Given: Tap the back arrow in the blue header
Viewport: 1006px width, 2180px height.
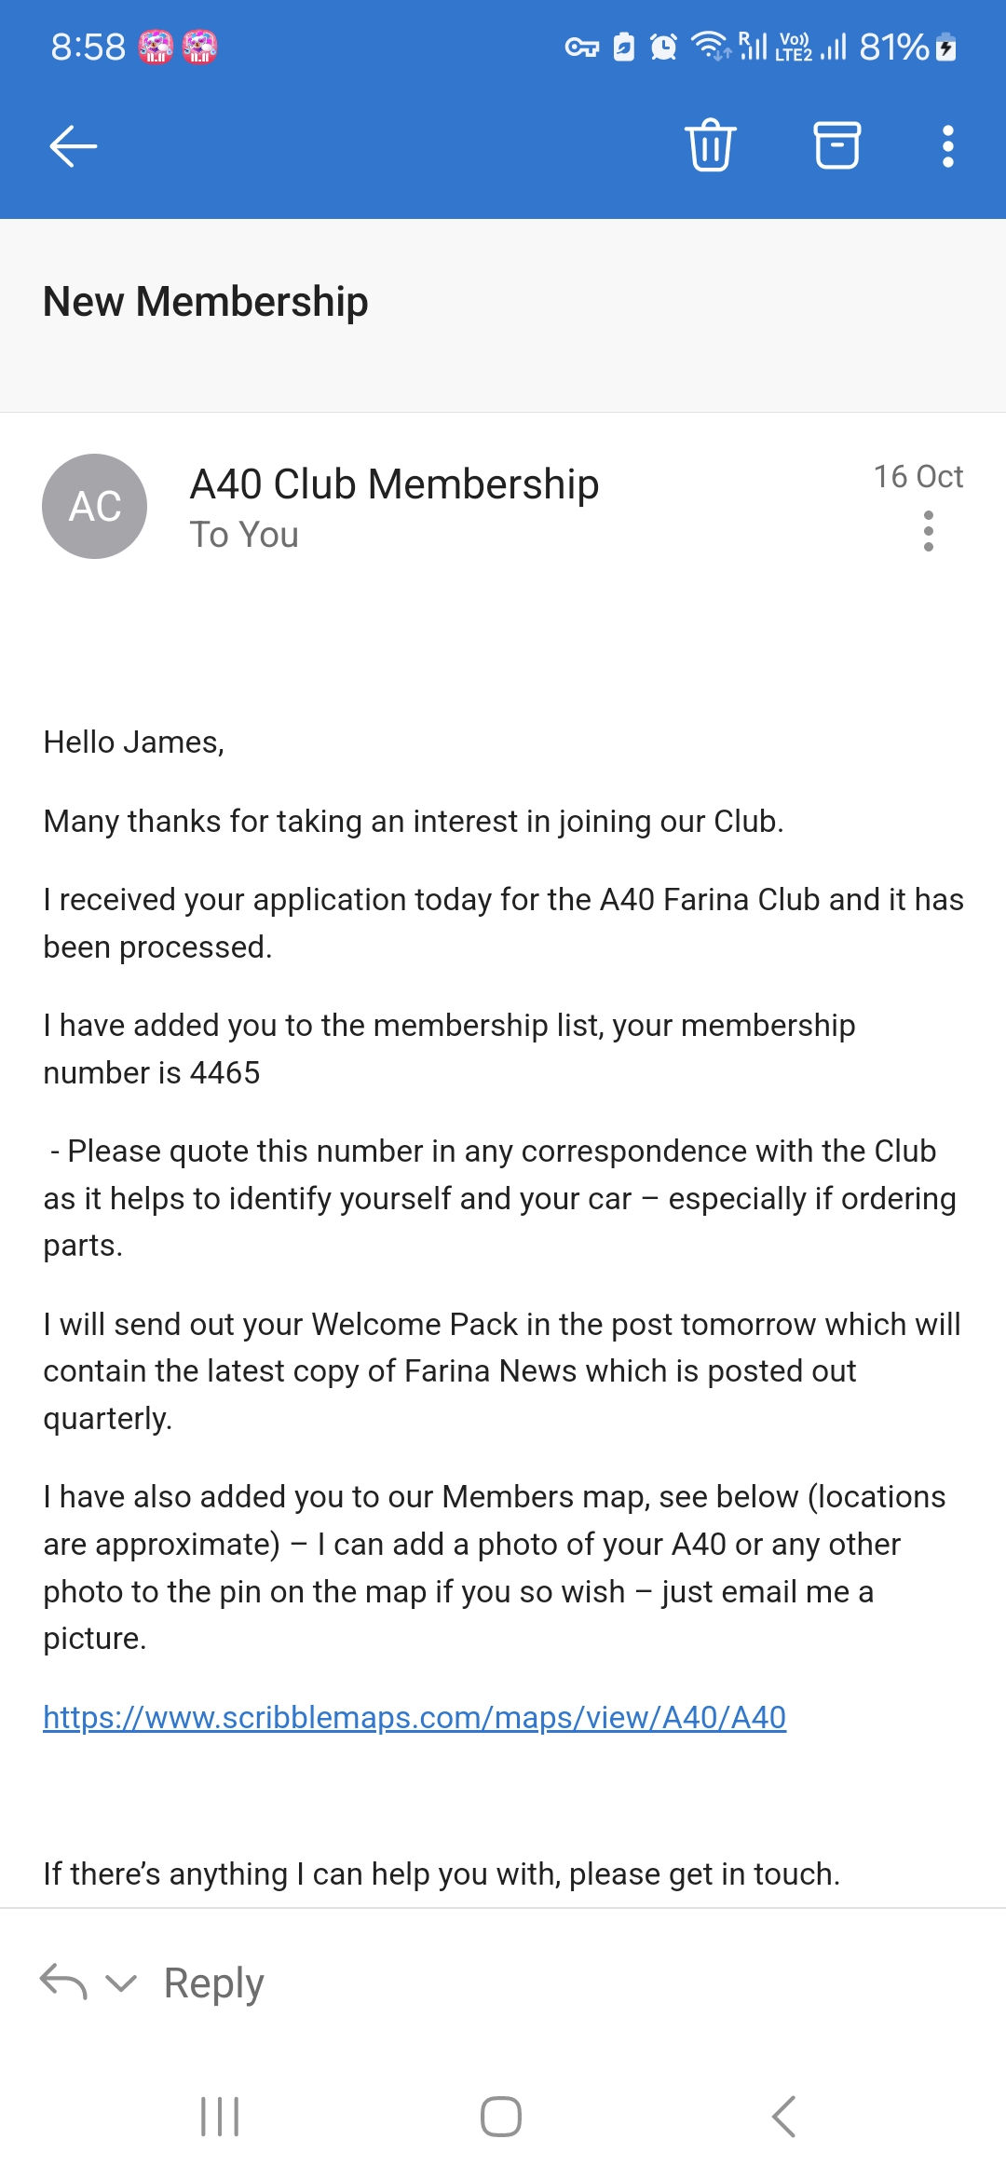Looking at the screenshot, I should (x=74, y=146).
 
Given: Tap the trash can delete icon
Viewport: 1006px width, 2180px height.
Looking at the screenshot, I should (x=711, y=145).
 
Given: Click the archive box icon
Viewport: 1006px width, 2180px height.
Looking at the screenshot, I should (x=837, y=145).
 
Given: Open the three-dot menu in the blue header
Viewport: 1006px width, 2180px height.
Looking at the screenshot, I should (x=947, y=146).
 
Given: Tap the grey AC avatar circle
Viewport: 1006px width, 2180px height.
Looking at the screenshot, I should (x=95, y=506).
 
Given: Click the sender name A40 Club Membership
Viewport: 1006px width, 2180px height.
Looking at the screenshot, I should (x=394, y=484).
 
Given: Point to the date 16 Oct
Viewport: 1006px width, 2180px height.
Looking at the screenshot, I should (x=918, y=477).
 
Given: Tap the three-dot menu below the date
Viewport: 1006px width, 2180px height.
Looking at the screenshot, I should (x=928, y=531).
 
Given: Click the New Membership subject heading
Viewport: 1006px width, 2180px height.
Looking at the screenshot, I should (x=206, y=302).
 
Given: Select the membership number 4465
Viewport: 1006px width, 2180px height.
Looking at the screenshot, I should (x=224, y=1072).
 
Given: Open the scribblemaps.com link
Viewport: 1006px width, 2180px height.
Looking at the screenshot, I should (x=415, y=1717).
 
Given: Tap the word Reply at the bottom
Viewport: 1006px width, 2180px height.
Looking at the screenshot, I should (x=213, y=1983).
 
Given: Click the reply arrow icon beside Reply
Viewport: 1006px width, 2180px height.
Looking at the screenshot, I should (x=63, y=1982).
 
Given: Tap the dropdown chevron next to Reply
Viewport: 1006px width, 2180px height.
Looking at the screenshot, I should (x=121, y=1983).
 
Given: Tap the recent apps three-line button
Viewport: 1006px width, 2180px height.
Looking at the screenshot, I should (x=221, y=2117).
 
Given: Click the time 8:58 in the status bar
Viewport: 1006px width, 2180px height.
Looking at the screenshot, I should (x=88, y=47).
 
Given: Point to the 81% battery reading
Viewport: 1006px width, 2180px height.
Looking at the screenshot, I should (x=894, y=47).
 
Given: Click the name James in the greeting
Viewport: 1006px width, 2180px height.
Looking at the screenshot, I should (x=173, y=743).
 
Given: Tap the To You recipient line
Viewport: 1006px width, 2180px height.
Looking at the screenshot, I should (x=244, y=536).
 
